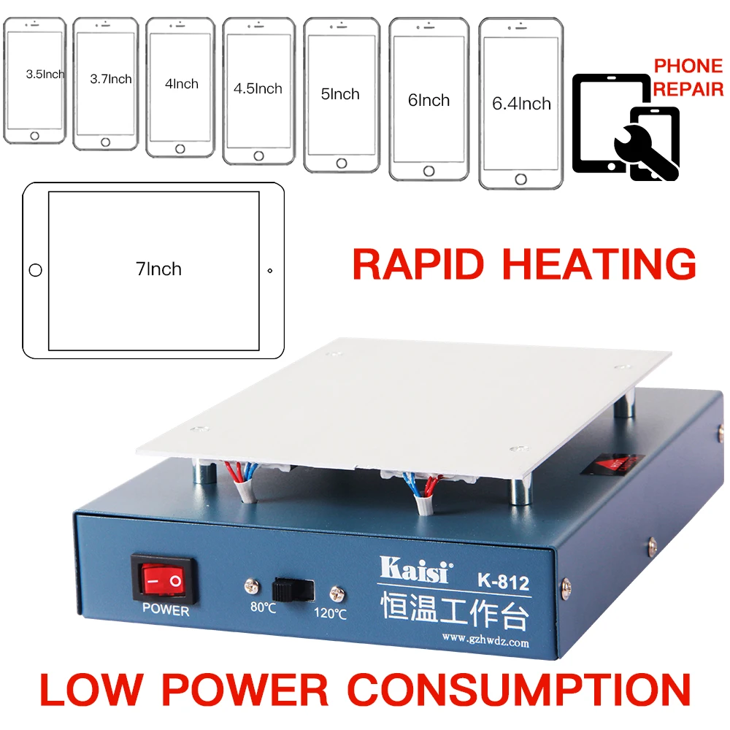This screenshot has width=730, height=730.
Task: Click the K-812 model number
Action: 504,583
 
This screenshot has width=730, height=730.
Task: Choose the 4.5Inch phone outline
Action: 258,91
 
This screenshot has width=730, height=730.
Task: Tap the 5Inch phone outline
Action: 341,95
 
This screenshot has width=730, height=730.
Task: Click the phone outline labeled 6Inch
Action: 429,99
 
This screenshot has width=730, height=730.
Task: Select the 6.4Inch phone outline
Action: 521,103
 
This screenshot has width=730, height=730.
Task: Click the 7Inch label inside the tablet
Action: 158,269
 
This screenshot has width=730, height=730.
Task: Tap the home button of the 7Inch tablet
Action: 35,271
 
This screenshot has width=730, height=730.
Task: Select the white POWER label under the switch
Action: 165,610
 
